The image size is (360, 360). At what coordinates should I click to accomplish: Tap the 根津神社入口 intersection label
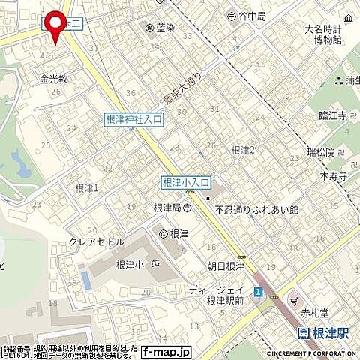[x=133, y=118]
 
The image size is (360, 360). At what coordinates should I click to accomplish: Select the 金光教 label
[x=54, y=77]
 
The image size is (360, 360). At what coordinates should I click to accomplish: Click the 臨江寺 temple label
[x=329, y=115]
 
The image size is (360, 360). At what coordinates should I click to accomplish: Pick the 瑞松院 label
[x=320, y=151]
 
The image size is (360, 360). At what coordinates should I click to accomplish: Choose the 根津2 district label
[x=244, y=150]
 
